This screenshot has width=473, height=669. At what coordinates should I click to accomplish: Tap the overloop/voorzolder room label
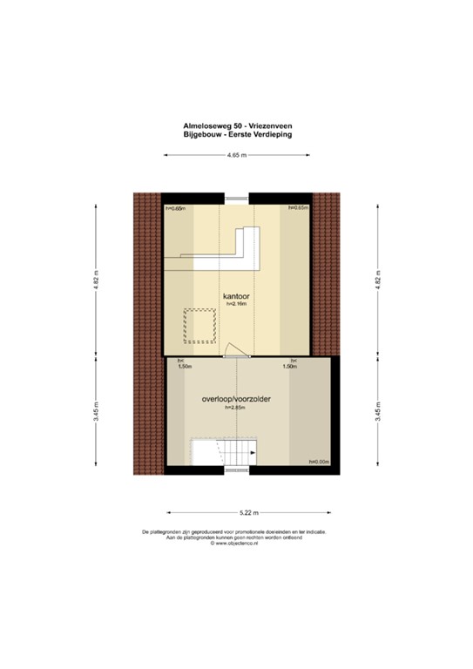(236, 399)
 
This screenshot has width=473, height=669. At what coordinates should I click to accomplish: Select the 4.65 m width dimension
(236, 155)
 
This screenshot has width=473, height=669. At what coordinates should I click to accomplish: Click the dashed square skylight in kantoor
(199, 326)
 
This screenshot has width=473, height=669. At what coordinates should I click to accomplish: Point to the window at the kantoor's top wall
(236, 196)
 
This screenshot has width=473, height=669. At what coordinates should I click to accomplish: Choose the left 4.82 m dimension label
(98, 284)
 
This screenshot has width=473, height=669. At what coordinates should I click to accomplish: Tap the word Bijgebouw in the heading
(202, 136)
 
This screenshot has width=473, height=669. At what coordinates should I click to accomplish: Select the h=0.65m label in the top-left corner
(175, 209)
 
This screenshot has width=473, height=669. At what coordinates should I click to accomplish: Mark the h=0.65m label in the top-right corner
(299, 209)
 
